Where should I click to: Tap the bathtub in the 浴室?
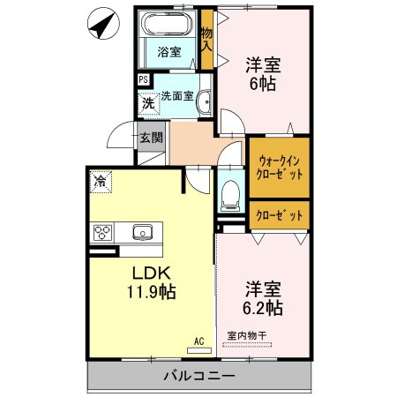point(167,24)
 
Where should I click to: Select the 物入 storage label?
point(206,39)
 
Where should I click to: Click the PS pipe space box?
point(144,79)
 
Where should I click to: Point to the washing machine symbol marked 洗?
point(149,103)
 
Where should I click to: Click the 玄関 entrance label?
point(151,138)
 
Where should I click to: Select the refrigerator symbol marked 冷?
point(101,182)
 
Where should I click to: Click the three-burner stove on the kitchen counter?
point(102,233)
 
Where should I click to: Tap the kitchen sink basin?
point(143,232)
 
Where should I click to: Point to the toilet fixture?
point(230,195)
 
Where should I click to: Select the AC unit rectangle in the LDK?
point(199,350)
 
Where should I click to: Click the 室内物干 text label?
point(247,335)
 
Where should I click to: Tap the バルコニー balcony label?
point(199,376)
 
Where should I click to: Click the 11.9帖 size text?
point(152,292)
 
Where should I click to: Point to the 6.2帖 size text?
point(263,308)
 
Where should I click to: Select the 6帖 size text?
point(263,84)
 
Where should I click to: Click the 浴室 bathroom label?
point(169,52)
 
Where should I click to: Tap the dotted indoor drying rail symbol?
point(247,344)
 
